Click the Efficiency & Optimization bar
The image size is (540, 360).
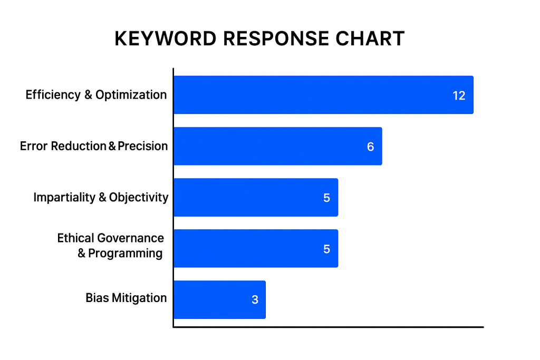[324, 95]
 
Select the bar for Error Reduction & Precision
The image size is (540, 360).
[278, 147]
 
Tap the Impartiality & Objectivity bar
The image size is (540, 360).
[256, 197]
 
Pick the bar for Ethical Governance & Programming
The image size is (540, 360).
[256, 248]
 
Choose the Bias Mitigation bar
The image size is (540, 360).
[220, 300]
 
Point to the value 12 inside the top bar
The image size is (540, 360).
[459, 96]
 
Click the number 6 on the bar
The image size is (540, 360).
[371, 147]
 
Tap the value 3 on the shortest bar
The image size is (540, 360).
[255, 300]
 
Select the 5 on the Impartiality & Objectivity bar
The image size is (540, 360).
[327, 198]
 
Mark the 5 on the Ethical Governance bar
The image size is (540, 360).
[327, 249]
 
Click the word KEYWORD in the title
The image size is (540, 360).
[165, 38]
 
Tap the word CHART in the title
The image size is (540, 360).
[370, 38]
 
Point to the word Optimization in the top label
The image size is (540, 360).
[131, 95]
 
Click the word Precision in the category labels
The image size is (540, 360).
[142, 147]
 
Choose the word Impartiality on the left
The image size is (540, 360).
[64, 198]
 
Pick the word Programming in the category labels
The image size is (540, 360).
[126, 254]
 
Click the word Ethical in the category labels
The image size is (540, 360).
[75, 238]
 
